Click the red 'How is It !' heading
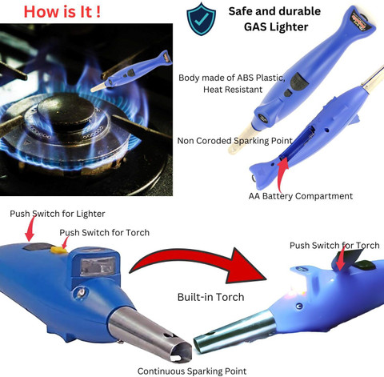[x=62, y=12]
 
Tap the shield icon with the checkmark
[x=202, y=19]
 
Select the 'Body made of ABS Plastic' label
[x=232, y=78]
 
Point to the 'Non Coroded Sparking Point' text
[x=234, y=141]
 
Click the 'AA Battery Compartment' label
[x=301, y=196]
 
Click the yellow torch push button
[x=59, y=250]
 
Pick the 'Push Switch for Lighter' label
[x=58, y=214]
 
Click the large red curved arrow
[x=198, y=260]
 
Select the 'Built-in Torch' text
[x=210, y=297]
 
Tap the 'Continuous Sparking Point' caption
[x=192, y=371]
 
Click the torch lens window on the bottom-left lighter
[x=98, y=266]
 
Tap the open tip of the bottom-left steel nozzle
[x=182, y=351]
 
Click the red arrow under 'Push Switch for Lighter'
[x=30, y=228]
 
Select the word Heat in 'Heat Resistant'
[x=213, y=90]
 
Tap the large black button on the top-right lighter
[x=299, y=81]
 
